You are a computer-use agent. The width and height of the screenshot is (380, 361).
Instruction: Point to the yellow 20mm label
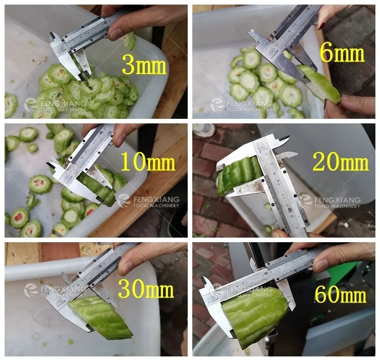click(x=340, y=162)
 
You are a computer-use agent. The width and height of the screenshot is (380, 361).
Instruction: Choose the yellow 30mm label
click(x=146, y=289)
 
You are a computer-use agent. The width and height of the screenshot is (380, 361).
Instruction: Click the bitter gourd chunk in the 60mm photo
click(x=254, y=315)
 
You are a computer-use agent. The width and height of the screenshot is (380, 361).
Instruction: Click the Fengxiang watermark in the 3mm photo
click(x=55, y=105)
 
